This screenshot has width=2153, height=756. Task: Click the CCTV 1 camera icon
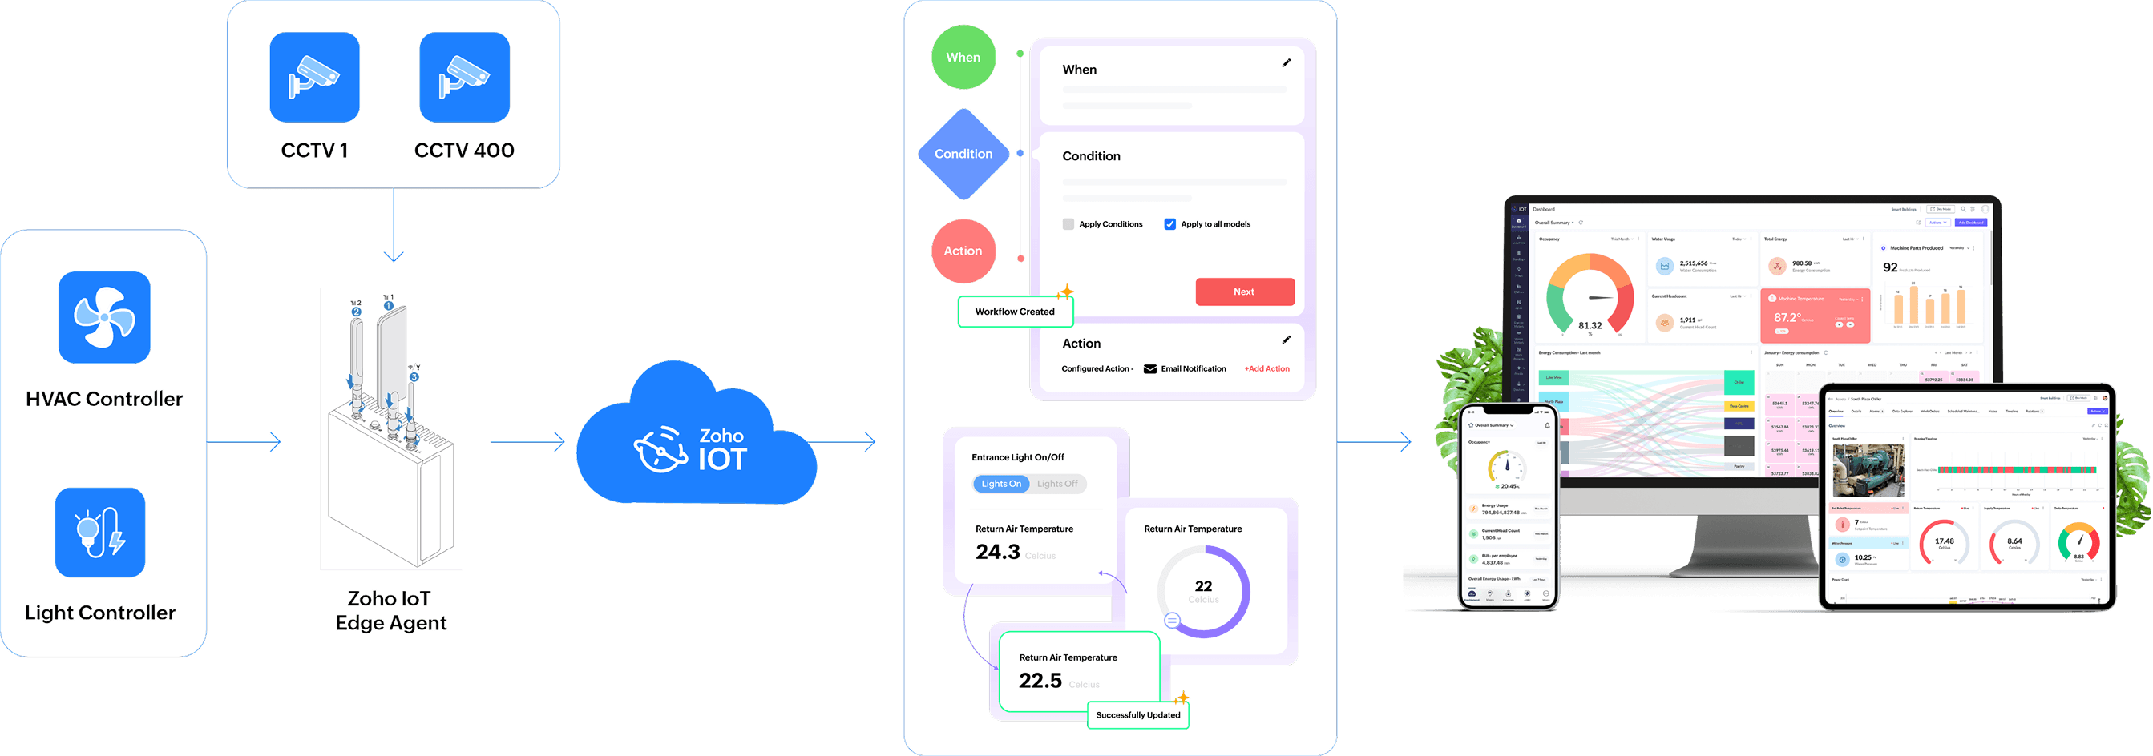coord(314,77)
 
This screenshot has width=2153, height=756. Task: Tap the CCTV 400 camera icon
coord(464,77)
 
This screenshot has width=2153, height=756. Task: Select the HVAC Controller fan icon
coord(104,316)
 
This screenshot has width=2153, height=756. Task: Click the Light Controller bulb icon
coord(100,532)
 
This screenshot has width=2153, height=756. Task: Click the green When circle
coord(963,58)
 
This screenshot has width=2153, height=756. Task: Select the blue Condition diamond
coord(963,154)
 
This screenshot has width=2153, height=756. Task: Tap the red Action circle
coord(963,251)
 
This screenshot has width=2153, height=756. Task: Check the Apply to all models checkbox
coord(1170,224)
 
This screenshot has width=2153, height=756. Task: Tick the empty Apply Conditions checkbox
coord(1068,224)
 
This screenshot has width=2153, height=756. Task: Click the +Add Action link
coord(1266,368)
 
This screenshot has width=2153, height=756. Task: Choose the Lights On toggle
coord(1000,484)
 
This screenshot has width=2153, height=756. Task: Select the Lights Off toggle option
coord(1057,484)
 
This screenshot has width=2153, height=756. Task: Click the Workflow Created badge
coord(1015,312)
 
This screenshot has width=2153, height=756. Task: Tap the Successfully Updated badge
coord(1137,715)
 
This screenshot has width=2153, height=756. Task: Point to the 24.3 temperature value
coord(998,552)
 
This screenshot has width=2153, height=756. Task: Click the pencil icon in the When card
coord(1287,62)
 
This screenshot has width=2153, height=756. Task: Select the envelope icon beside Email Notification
coord(1150,368)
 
